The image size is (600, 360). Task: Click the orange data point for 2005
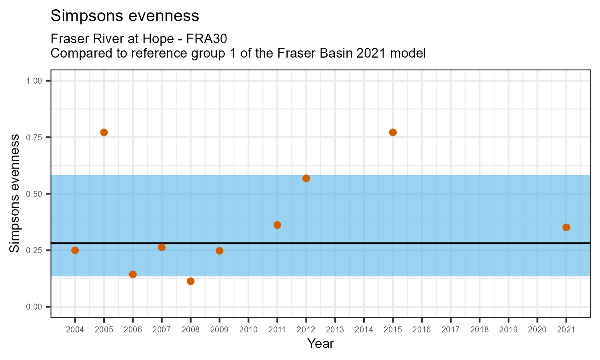tap(104, 132)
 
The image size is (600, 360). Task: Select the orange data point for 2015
tap(393, 132)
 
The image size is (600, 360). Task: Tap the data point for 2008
tap(190, 281)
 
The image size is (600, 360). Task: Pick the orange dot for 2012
tap(306, 178)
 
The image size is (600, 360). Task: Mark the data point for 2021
tap(566, 228)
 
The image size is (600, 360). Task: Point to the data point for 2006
tap(133, 274)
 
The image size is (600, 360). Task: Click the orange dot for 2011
tap(277, 225)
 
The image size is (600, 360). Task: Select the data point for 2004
tap(75, 250)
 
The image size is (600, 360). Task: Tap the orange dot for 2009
tap(219, 251)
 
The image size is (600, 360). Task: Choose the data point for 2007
tap(162, 247)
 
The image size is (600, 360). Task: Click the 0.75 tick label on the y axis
tap(34, 137)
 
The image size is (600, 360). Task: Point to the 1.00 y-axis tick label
tap(34, 81)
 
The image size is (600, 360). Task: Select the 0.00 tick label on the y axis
tap(34, 307)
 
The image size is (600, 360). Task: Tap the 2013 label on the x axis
tap(335, 330)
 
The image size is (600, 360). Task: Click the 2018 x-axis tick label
tap(479, 330)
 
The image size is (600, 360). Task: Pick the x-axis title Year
tap(320, 344)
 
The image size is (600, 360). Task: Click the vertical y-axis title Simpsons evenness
tap(14, 194)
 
